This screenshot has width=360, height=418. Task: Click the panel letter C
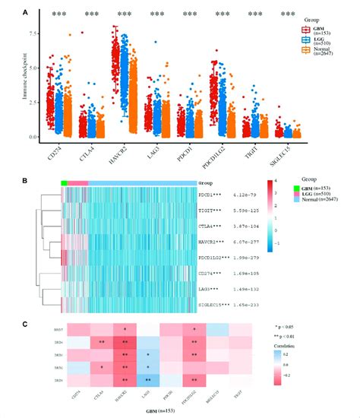click(x=26, y=325)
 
